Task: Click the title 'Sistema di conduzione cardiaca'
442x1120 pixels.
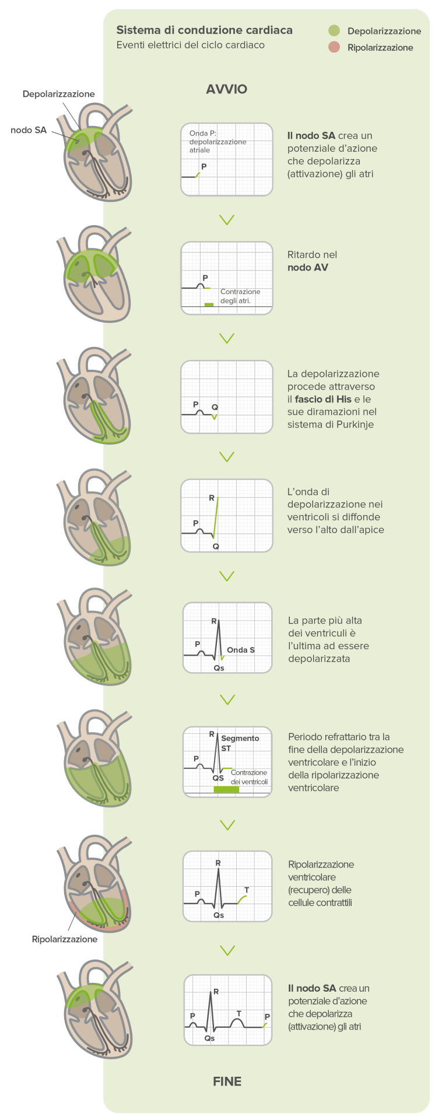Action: [x=204, y=30]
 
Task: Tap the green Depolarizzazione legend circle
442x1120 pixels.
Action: [x=334, y=31]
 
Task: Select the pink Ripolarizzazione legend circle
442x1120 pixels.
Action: [x=334, y=47]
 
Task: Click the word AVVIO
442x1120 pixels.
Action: [x=227, y=89]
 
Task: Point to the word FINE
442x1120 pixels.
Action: [x=227, y=1081]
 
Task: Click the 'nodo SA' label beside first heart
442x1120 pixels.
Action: [x=29, y=130]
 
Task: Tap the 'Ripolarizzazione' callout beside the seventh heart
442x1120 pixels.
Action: [x=64, y=939]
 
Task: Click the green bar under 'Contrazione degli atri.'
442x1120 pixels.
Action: [x=209, y=304]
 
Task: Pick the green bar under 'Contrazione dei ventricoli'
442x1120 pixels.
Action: [x=226, y=789]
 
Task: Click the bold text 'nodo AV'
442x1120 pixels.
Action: [x=308, y=268]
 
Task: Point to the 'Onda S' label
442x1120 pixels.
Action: [x=241, y=650]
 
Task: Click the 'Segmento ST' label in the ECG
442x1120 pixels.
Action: [x=239, y=743]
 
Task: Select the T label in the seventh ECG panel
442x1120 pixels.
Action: [x=247, y=890]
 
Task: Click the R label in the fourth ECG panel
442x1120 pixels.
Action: [x=212, y=498]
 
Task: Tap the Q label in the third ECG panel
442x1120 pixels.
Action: [x=215, y=407]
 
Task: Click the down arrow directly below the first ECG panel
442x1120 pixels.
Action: [x=227, y=220]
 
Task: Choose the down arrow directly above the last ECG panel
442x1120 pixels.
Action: [x=227, y=950]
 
